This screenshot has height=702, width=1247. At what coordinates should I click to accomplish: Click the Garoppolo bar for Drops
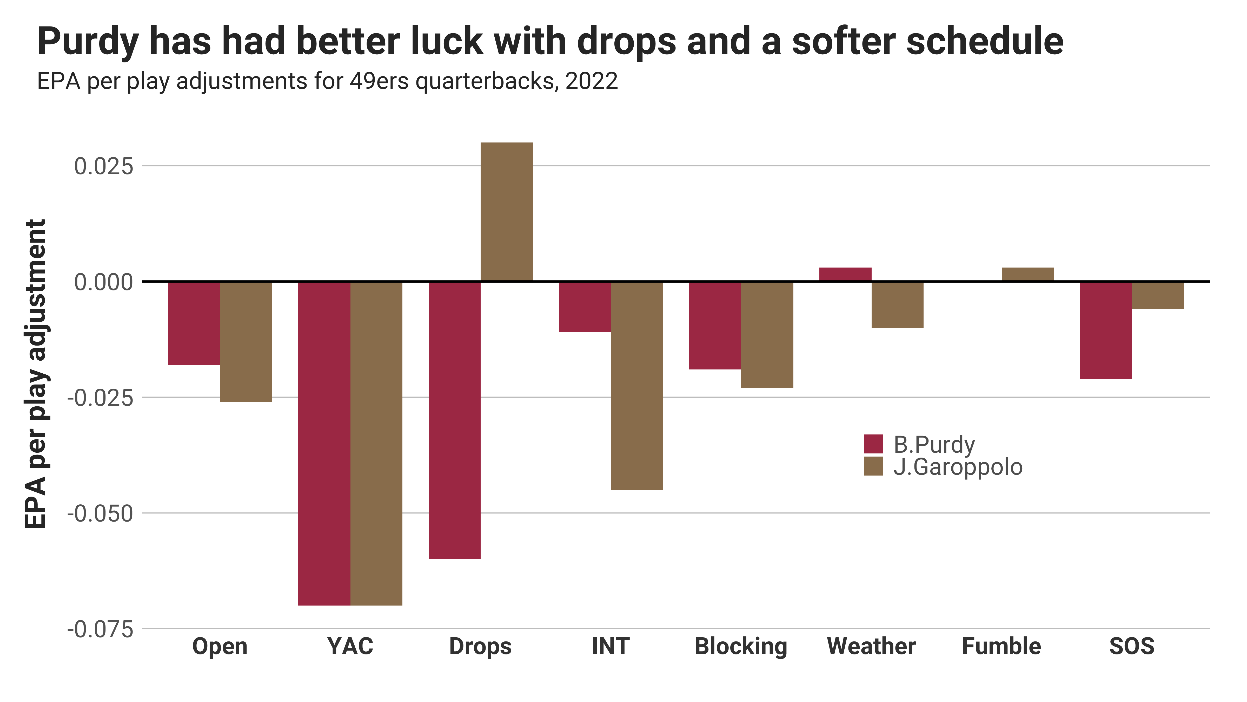point(506,212)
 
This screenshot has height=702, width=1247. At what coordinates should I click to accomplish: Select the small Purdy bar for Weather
point(845,274)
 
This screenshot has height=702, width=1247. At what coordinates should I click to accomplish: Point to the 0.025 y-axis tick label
point(103,166)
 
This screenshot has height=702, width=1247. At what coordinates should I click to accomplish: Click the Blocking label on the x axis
point(741,646)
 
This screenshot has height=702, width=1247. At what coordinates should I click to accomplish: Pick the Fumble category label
point(1001,646)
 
